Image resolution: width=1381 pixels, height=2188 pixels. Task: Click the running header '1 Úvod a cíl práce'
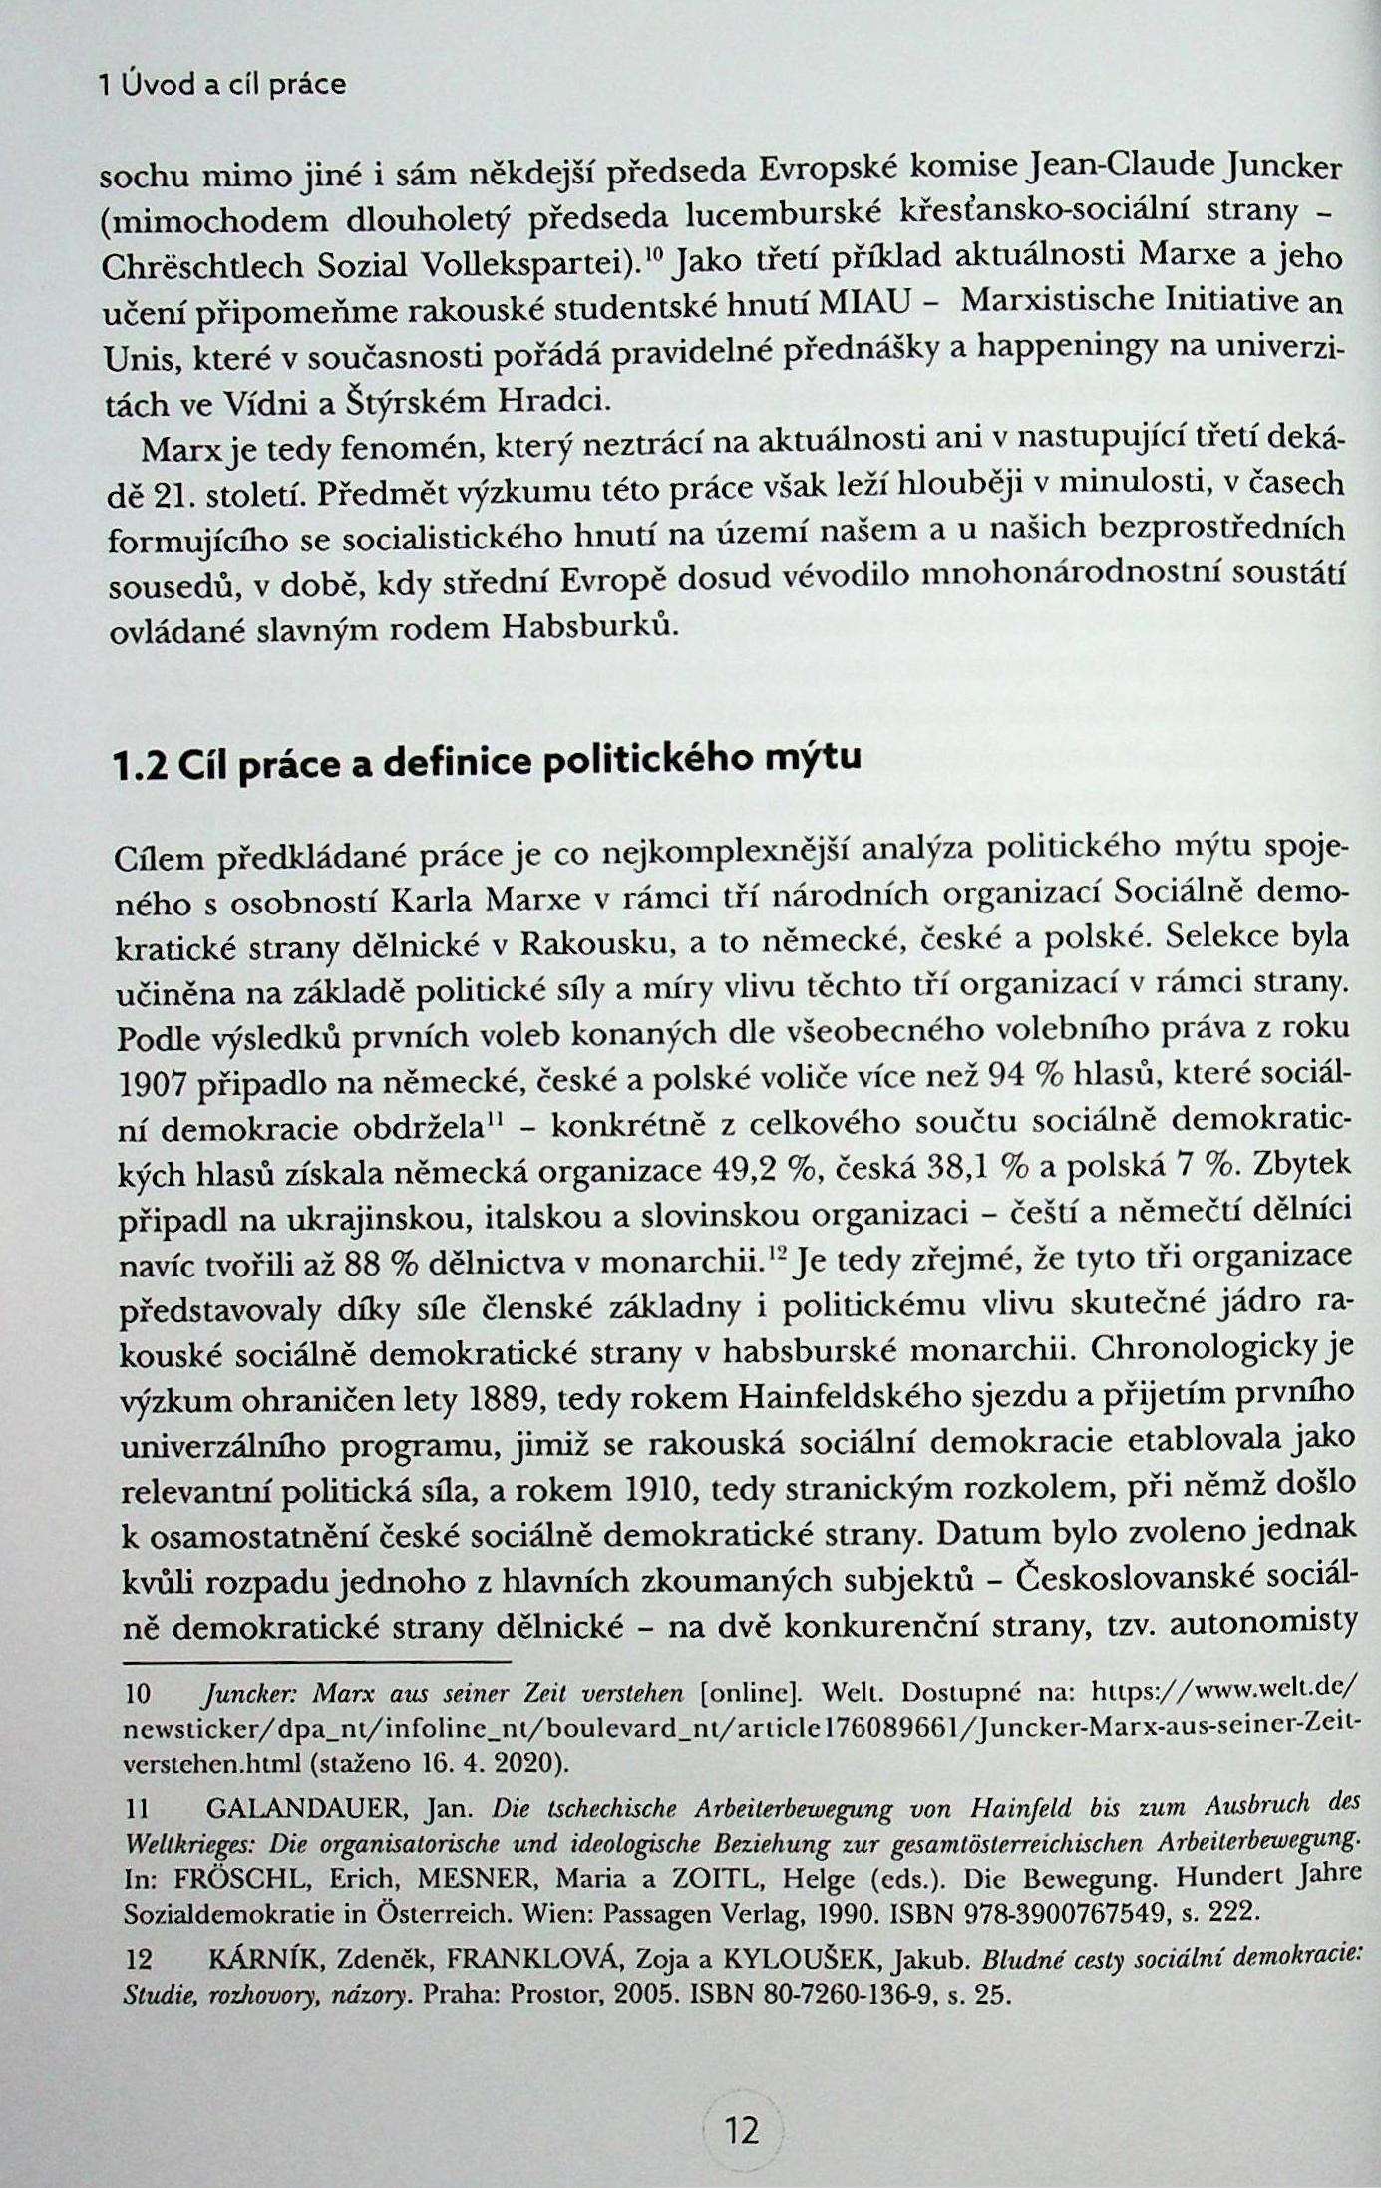coord(222,85)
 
